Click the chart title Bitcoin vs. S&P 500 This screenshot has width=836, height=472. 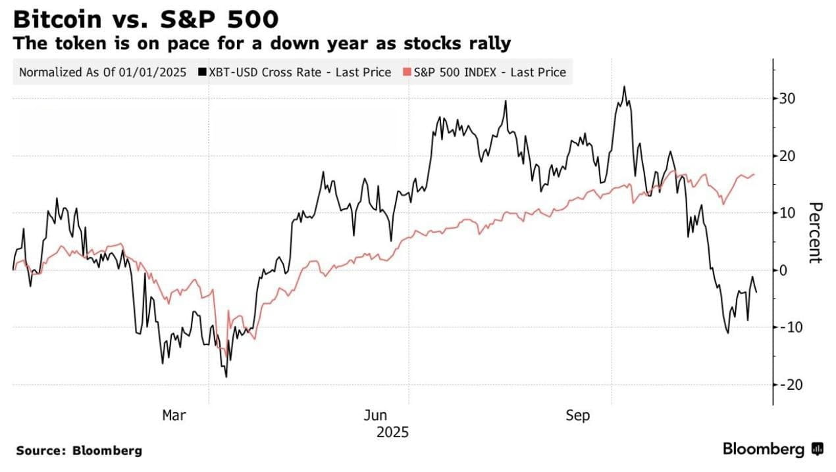[145, 18]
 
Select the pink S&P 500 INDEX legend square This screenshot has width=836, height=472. [408, 73]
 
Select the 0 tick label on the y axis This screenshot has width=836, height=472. [783, 270]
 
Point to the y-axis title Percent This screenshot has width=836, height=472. [815, 233]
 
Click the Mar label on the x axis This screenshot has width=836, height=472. [174, 415]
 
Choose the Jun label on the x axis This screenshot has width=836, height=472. [376, 415]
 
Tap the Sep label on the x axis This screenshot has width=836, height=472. [578, 415]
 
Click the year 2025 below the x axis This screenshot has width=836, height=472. [392, 432]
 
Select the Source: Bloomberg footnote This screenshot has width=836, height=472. [79, 451]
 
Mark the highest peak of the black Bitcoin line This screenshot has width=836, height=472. [623, 87]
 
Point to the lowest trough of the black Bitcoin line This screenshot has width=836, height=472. [226, 377]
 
